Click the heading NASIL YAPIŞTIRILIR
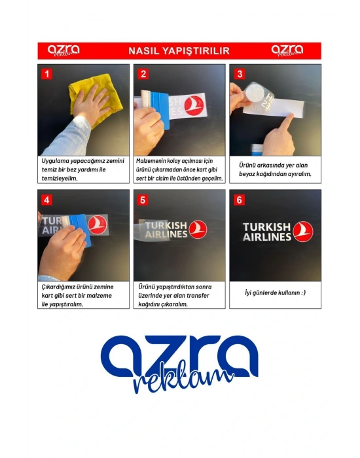tap(179, 51)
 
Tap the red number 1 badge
tap(46, 74)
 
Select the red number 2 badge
tap(143, 74)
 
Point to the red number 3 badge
tap(240, 74)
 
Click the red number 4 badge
tap(46, 200)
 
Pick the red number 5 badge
tap(143, 200)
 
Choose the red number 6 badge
tap(239, 200)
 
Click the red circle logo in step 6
tap(302, 232)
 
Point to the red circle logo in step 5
tap(198, 230)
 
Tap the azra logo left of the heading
tap(63, 50)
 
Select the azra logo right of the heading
tap(287, 50)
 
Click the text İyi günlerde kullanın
tap(276, 292)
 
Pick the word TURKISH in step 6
tap(266, 227)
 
